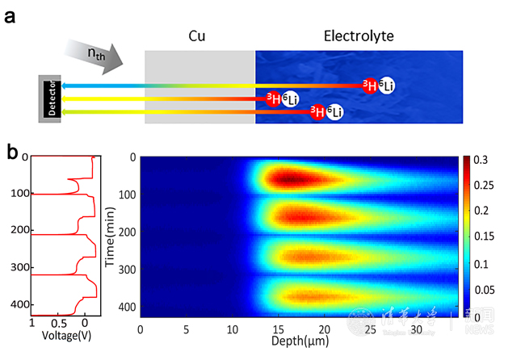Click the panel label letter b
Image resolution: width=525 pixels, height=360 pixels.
click(12, 150)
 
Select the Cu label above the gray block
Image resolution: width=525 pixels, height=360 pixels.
click(198, 37)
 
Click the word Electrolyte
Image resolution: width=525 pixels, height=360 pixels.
click(358, 36)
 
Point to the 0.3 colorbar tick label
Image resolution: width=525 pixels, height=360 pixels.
click(480, 161)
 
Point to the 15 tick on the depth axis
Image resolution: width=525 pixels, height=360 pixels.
click(279, 329)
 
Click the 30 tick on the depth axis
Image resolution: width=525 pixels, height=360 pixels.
click(417, 329)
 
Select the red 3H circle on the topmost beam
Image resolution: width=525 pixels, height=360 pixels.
click(369, 86)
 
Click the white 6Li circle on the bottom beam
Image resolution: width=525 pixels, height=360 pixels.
click(334, 112)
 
